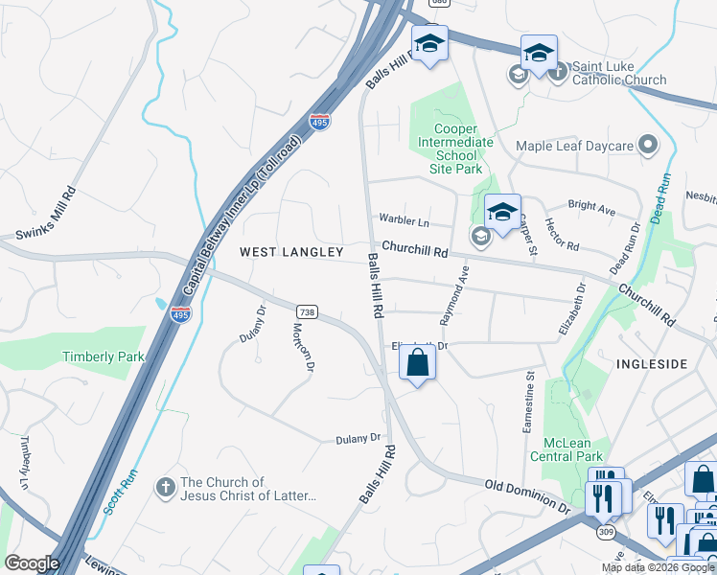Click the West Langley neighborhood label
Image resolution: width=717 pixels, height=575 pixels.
pos(290,252)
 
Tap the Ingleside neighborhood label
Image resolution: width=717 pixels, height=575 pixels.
pos(652,364)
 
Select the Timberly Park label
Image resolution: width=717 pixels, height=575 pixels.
pos(104,356)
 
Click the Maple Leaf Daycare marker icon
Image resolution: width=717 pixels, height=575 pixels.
pos(649,146)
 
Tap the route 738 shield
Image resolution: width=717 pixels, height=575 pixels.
pos(307,312)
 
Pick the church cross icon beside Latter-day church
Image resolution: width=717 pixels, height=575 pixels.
pos(166,488)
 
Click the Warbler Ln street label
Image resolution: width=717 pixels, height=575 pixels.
pos(404,220)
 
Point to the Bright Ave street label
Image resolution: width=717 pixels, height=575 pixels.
pos(591,206)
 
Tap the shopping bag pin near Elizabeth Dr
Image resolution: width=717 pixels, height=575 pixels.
pos(417,363)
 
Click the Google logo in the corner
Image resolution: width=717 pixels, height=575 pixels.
pos(32,563)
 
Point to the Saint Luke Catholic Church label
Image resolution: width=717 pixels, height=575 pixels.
pos(619,74)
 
